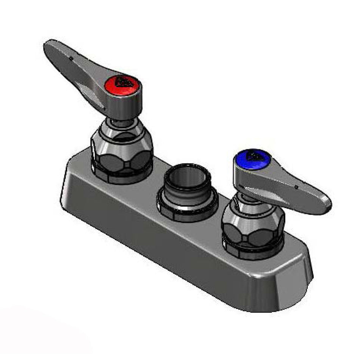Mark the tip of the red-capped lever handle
point(49,47)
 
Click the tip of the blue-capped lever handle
point(326,205)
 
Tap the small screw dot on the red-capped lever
point(71,59)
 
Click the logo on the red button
point(123,81)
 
